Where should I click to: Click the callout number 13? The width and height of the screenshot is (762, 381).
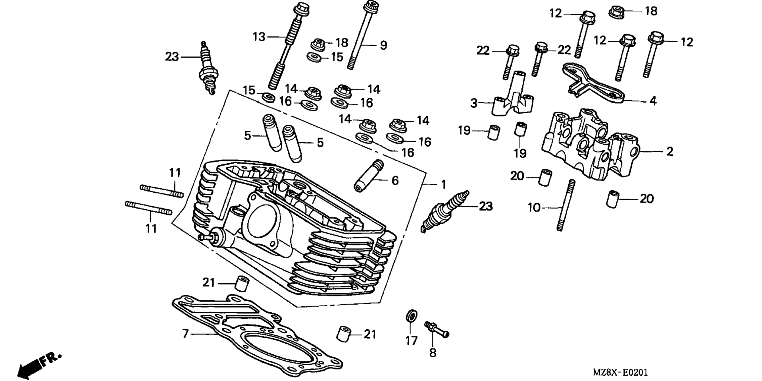pos(259,37)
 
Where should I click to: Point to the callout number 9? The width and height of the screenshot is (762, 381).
pos(383,45)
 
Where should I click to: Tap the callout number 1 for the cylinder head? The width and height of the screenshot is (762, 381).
pos(444,185)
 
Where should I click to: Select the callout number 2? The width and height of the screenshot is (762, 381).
pos(670,151)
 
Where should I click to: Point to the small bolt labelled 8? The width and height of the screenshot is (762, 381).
pos(437,330)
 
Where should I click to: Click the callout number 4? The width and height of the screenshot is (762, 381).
pos(653,101)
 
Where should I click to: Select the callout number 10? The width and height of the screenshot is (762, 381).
pos(534,207)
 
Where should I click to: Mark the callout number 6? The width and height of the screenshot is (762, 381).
pos(395,180)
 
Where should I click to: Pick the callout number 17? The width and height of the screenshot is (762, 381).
pos(412,340)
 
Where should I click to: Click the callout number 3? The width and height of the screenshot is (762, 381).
pos(474,103)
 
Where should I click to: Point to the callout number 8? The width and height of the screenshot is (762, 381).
pos(433,352)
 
